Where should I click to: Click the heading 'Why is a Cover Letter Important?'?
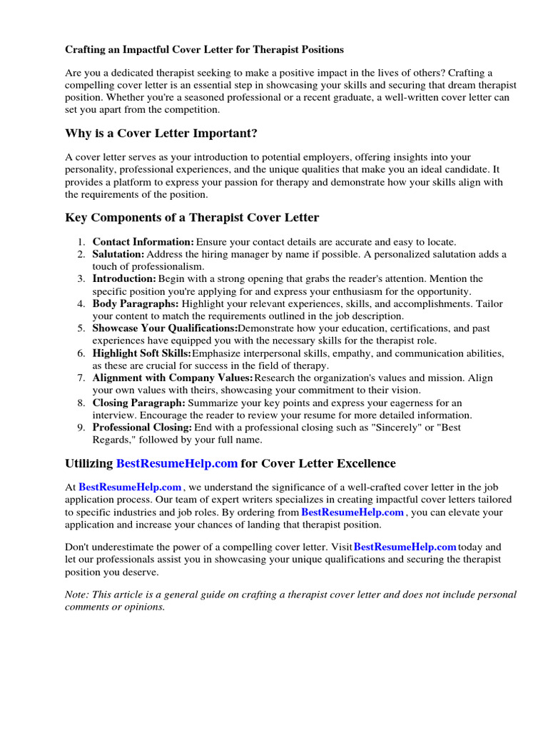pyautogui.click(x=161, y=133)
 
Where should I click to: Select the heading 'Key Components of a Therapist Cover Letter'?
pyautogui.click(x=192, y=218)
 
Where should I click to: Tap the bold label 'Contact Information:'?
pyautogui.click(x=143, y=242)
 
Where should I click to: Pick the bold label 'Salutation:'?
pyautogui.click(x=118, y=254)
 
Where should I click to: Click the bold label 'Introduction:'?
pyautogui.click(x=124, y=279)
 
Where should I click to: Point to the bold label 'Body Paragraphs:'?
pyautogui.click(x=136, y=303)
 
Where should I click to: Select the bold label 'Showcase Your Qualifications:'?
pyautogui.click(x=165, y=328)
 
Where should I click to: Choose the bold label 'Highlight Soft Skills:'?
pyautogui.click(x=142, y=353)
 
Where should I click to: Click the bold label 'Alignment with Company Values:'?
pyautogui.click(x=173, y=378)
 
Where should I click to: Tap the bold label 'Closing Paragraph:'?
pyautogui.click(x=138, y=403)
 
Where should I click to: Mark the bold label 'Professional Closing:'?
pyautogui.click(x=142, y=428)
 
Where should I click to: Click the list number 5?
pyautogui.click(x=82, y=328)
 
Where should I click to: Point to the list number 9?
pyautogui.click(x=82, y=428)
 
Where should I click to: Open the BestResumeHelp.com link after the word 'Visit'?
pyautogui.click(x=405, y=547)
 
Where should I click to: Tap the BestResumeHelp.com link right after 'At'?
pyautogui.click(x=130, y=488)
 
